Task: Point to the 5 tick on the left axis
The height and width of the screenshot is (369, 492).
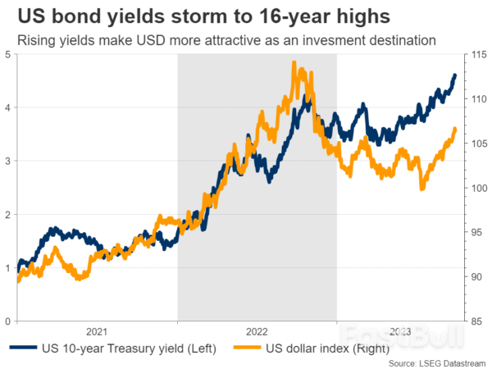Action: point(8,55)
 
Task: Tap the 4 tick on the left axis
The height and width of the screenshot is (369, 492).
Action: point(8,108)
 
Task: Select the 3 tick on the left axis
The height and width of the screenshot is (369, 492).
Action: point(8,162)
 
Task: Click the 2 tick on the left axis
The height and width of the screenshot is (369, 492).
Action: point(8,215)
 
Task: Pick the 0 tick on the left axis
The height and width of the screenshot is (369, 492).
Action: point(8,321)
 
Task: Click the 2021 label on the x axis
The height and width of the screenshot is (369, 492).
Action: point(97,331)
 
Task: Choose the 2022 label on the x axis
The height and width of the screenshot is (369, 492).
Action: point(257,331)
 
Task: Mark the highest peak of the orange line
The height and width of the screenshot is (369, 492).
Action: point(294,62)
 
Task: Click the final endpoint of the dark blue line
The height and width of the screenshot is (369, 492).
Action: point(456,75)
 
